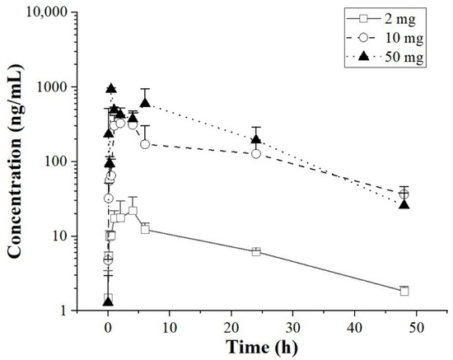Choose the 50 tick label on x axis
pos(416,325)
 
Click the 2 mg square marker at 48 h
pos(404,291)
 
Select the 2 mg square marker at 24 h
pos(256,251)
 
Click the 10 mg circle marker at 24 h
pos(256,154)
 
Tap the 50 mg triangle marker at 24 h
pos(256,138)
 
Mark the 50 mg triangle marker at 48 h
pos(404,203)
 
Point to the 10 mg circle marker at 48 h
pos(404,194)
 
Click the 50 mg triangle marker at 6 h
pos(145,103)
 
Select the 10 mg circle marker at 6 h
pos(145,144)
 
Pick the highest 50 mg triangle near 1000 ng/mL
pos(112,88)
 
